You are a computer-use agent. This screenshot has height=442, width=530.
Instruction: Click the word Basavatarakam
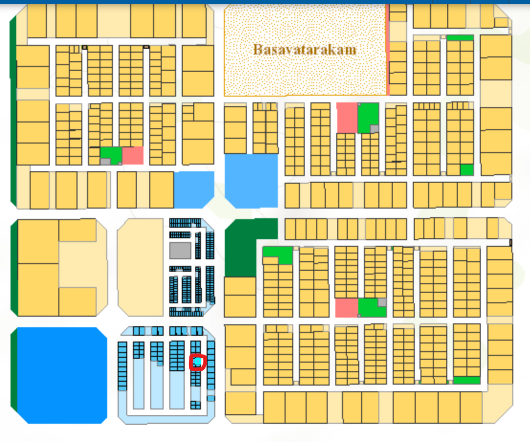click(x=305, y=49)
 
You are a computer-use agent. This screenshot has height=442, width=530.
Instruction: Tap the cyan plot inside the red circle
click(x=197, y=362)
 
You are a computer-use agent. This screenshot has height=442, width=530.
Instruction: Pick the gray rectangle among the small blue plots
click(x=180, y=250)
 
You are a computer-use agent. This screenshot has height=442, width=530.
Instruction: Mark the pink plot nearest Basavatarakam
click(x=347, y=117)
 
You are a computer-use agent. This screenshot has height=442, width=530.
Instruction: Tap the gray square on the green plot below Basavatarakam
click(x=375, y=128)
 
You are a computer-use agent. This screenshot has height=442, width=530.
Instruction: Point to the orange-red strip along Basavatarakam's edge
click(x=387, y=67)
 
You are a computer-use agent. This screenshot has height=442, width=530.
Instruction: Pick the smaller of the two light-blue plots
click(x=193, y=189)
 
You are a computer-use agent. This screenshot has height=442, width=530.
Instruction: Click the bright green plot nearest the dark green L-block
click(x=277, y=254)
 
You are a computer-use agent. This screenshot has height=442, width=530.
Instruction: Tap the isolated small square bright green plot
click(x=466, y=169)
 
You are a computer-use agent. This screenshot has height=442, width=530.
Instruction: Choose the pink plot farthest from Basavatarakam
click(x=346, y=308)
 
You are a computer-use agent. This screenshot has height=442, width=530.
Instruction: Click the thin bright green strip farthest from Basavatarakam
click(x=466, y=380)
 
